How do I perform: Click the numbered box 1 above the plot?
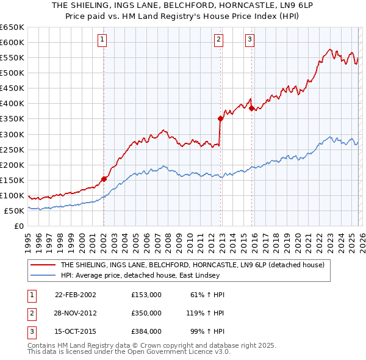102,40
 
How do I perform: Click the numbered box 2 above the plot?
218,40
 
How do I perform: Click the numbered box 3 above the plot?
250,40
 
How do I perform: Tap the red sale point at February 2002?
104,179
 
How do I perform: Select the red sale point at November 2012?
220,118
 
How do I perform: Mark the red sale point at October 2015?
251,108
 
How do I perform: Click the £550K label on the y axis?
12,57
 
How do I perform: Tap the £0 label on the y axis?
18,226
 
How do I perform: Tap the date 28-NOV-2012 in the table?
76,312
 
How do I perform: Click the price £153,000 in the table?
146,295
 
